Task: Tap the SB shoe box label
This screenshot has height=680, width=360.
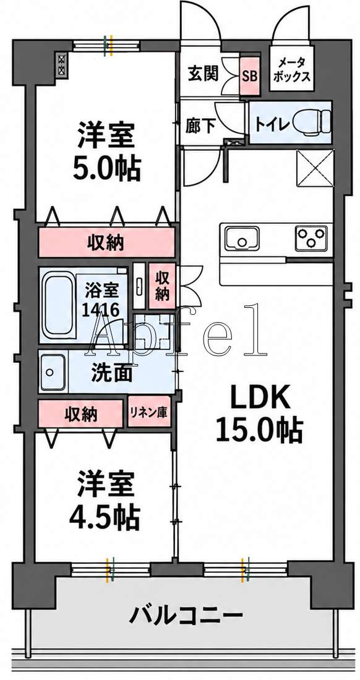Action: (249, 77)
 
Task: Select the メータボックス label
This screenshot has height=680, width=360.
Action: (293, 70)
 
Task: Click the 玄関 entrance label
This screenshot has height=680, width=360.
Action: (202, 74)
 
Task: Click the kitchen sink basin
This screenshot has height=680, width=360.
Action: (242, 238)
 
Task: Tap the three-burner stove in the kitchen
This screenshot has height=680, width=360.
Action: (311, 238)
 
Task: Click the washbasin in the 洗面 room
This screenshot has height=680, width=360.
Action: (53, 372)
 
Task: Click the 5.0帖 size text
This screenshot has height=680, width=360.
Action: (106, 169)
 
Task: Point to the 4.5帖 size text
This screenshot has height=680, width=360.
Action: (105, 516)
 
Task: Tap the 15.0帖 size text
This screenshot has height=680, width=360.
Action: (259, 431)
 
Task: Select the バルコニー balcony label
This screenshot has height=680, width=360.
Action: (186, 615)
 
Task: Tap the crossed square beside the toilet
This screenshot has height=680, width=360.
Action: (315, 168)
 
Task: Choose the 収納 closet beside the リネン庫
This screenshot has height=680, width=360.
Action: (80, 414)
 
